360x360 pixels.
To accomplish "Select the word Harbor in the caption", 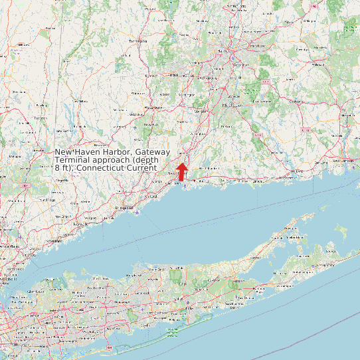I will pos(110,152).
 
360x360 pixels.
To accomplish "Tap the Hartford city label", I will pos(227,50).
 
